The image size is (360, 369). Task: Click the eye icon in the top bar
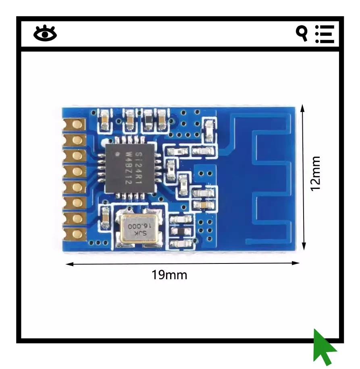coord(45,33)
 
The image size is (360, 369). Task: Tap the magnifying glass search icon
coord(302,33)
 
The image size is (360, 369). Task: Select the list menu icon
coord(325,34)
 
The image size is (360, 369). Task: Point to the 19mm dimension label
coord(169,275)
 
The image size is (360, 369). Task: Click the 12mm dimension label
coord(315,174)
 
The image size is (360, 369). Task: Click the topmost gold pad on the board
coord(75,124)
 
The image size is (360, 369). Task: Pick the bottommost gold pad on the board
coord(75,234)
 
